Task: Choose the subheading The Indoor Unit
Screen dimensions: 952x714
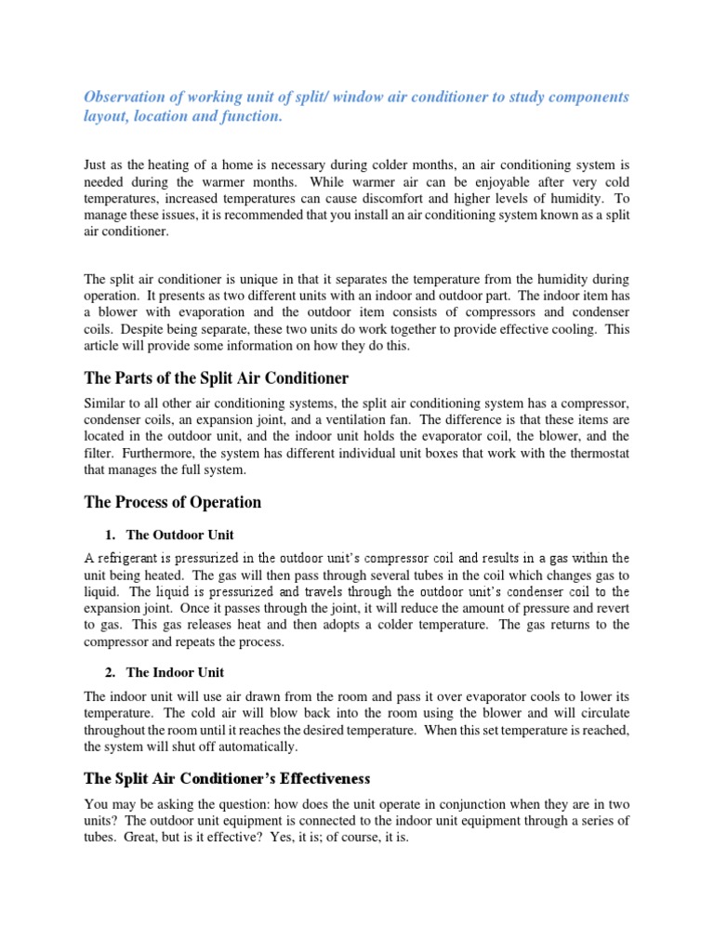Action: click(175, 672)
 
